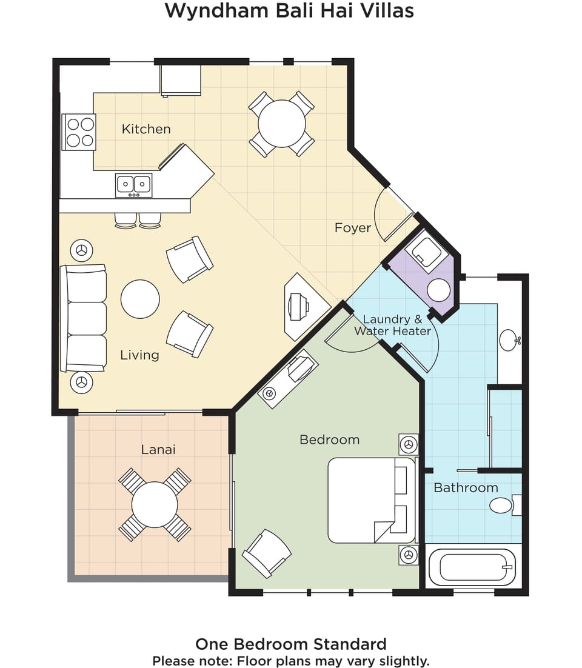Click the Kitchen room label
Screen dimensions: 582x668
pos(146,129)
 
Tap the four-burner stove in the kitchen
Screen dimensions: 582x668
pos(79,132)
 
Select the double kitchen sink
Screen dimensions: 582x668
pos(134,185)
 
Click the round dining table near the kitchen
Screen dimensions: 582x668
pos(282,124)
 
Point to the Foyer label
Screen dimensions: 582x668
pos(353,228)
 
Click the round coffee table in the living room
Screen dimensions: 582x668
pos(140,299)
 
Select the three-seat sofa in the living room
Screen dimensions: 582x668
pos(83,318)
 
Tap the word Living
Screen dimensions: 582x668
pos(140,355)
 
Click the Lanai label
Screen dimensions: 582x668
pos(158,449)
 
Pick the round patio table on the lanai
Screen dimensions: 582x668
pos(155,505)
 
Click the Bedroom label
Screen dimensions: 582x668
pos(329,439)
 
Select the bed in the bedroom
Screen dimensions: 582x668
pos(372,500)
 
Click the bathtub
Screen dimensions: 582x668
pos(472,567)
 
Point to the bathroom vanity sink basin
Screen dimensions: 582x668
pos(509,340)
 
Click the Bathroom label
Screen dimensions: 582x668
pos(466,488)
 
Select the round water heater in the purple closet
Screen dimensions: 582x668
pos(438,290)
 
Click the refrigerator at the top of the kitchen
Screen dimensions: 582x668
pos(181,81)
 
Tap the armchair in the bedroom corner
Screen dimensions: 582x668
pos(267,553)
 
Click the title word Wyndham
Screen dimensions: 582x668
pos(217,11)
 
